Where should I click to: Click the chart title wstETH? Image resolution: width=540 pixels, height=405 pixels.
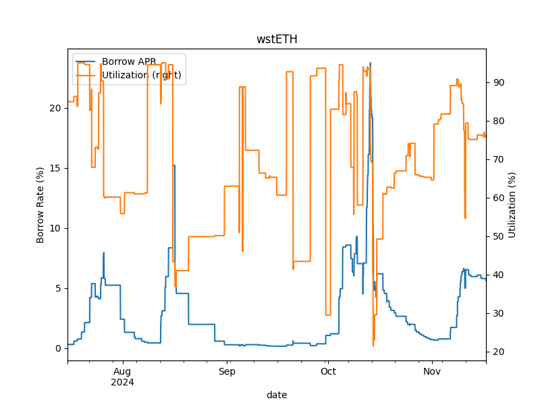pos(277,39)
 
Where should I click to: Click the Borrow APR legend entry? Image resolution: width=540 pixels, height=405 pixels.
pos(129,61)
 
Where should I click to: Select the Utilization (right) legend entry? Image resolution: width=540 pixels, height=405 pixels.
pos(141,75)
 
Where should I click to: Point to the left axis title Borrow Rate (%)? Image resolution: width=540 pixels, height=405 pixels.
pos(40,205)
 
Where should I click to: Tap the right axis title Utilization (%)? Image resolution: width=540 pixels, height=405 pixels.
pos(512,205)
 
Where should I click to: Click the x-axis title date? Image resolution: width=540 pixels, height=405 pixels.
pos(277,394)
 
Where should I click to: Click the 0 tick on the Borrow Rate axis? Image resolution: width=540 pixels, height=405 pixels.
pos(59,348)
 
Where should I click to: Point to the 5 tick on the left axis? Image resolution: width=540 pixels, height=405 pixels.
pos(59,288)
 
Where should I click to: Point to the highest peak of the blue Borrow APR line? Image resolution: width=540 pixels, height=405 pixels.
pos(370,63)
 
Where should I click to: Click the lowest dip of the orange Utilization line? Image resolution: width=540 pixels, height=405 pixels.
pos(373,346)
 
